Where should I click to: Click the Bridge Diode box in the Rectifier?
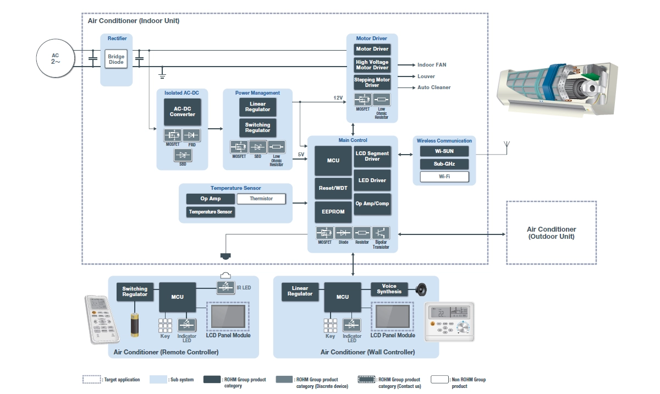(x=116, y=59)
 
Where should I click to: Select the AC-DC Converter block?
(x=182, y=111)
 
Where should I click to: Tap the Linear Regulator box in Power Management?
(x=257, y=107)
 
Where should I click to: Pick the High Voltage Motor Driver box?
(x=372, y=65)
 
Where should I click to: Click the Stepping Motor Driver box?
(x=372, y=83)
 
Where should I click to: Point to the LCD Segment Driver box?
(x=372, y=156)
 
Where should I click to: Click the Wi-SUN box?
(x=444, y=151)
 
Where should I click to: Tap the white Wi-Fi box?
(x=444, y=177)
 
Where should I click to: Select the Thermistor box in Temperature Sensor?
(x=261, y=199)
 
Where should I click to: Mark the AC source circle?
(x=55, y=59)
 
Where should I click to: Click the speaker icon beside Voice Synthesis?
(x=421, y=289)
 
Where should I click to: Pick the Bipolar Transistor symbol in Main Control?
(x=381, y=233)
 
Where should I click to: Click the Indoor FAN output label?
(x=432, y=65)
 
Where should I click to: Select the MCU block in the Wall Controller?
(x=343, y=297)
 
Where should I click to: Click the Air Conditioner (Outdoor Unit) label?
(x=551, y=233)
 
